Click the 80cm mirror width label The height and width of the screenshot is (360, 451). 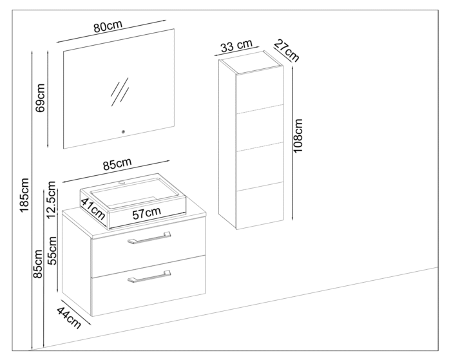pos(108,27)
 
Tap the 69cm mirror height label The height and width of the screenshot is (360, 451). pos(41,97)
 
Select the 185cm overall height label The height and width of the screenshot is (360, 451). pos(25,196)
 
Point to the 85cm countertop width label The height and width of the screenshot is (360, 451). pos(117,164)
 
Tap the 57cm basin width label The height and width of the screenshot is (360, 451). pos(147,213)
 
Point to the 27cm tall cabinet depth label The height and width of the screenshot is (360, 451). pos(286,50)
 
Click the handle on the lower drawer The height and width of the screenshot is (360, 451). pos(149,277)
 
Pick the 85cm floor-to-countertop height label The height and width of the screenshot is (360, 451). pos(39,264)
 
